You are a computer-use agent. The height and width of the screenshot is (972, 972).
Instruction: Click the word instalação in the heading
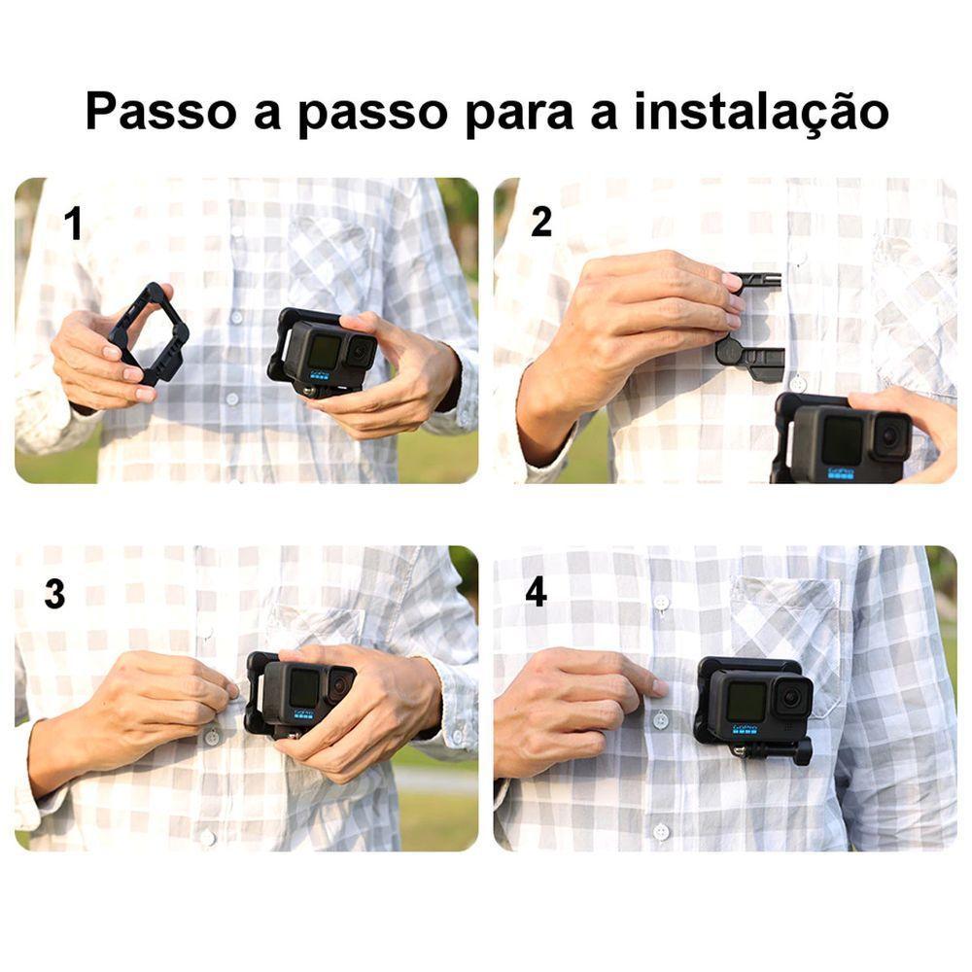[761, 111]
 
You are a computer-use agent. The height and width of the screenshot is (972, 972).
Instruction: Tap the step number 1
[73, 226]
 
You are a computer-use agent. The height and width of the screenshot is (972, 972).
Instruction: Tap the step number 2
[541, 223]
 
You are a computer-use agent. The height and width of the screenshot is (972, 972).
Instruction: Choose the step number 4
[536, 593]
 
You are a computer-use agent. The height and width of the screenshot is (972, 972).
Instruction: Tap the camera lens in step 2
[888, 437]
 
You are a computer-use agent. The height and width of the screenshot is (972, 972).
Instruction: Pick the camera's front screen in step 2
[842, 440]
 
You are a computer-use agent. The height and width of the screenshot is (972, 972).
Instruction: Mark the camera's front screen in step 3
[303, 688]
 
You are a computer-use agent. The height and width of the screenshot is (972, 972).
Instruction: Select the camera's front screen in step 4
[746, 701]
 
